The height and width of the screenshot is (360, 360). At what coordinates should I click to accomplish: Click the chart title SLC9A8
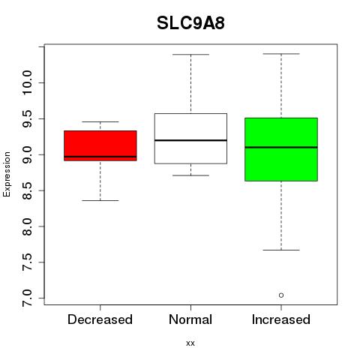click(x=190, y=23)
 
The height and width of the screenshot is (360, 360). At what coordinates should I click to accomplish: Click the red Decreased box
click(x=100, y=145)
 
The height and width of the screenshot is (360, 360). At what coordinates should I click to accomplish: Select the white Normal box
click(x=190, y=139)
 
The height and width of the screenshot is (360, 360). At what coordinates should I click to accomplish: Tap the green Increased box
click(x=281, y=149)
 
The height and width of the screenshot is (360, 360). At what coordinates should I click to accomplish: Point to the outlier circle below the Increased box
click(x=281, y=295)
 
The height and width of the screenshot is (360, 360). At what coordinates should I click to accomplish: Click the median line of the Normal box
click(x=190, y=140)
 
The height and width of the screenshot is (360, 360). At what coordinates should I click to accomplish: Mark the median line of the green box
click(x=281, y=147)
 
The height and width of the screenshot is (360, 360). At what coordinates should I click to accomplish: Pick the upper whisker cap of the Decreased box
click(x=100, y=121)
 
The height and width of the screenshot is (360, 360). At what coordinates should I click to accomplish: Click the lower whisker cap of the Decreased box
click(x=100, y=200)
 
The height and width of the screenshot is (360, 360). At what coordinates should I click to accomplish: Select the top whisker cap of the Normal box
click(x=190, y=54)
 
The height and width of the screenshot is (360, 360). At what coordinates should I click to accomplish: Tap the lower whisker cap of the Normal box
click(x=190, y=175)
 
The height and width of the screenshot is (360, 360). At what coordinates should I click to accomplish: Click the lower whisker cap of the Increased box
click(x=281, y=250)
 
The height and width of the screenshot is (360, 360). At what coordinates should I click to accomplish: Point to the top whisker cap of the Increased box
click(x=281, y=54)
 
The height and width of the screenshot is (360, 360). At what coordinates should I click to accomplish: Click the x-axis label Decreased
click(x=100, y=319)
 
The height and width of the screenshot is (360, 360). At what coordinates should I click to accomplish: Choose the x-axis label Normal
click(x=190, y=319)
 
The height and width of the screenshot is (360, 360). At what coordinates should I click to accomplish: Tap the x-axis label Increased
click(x=281, y=319)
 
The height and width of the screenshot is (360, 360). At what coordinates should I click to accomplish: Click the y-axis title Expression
click(x=7, y=174)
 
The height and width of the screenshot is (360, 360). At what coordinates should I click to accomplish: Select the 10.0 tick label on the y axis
click(x=27, y=82)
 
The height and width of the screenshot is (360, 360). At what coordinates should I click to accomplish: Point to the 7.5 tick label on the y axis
click(x=27, y=262)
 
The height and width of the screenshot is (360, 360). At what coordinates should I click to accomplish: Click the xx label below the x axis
click(x=190, y=343)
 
